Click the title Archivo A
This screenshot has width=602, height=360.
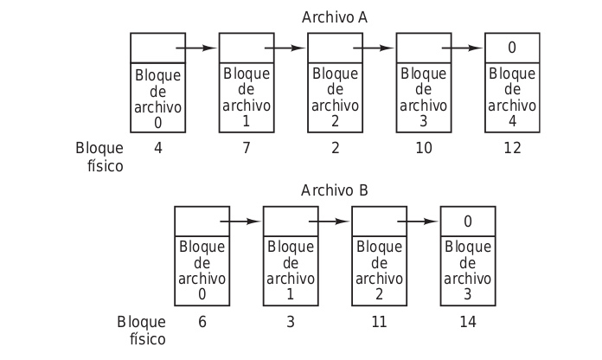335,17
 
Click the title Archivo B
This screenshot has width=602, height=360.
335,190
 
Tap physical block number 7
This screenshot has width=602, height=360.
247,148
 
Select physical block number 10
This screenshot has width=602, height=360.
423,148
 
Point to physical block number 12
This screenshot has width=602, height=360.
512,148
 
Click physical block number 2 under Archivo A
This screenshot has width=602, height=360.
335,148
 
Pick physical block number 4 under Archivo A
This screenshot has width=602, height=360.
158,148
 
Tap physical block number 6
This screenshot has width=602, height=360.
202,321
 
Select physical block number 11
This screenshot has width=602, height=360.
379,321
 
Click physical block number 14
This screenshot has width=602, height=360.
468,321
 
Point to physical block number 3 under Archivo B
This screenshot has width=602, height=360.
291,321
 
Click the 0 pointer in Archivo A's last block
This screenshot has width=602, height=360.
512,48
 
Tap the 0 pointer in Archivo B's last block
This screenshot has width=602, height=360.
468,221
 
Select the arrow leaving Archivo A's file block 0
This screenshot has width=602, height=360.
196,48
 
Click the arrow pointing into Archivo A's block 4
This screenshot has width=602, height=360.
462,48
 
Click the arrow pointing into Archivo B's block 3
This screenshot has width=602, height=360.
418,221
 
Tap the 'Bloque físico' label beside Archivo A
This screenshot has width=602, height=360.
99,157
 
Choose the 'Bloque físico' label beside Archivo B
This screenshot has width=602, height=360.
141,330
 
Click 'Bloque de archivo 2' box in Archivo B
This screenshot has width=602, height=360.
379,270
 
